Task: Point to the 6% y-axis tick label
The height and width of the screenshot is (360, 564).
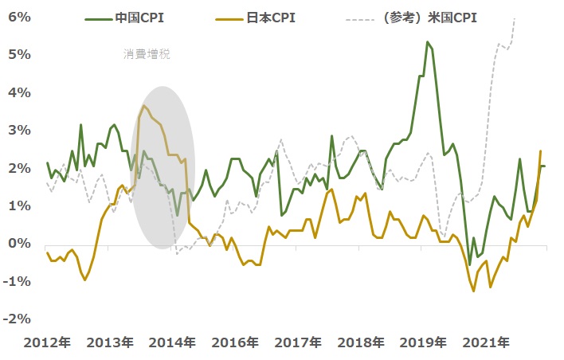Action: (19, 17)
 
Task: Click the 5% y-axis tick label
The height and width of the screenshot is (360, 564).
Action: (19, 55)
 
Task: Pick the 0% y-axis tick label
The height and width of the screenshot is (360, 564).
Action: (19, 244)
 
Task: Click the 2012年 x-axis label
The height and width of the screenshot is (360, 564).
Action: (47, 342)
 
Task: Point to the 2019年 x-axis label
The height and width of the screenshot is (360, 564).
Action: (423, 342)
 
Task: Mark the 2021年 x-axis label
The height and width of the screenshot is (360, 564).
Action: (486, 342)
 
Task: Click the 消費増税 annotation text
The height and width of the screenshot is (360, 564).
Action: (147, 54)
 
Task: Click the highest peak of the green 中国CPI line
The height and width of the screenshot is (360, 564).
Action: (428, 41)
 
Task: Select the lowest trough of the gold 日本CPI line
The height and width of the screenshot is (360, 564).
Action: (474, 292)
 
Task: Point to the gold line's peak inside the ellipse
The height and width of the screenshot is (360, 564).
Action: (143, 105)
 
